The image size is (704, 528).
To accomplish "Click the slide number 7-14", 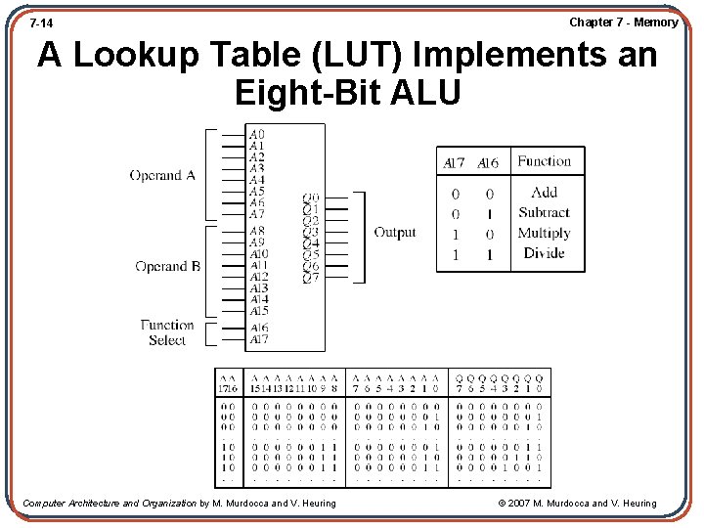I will [x=41, y=22].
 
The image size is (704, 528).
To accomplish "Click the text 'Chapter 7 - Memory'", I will [x=623, y=22].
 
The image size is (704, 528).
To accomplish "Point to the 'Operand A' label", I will [x=162, y=176].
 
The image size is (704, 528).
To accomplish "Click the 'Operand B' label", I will [x=167, y=266].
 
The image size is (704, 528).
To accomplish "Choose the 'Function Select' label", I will [x=166, y=332].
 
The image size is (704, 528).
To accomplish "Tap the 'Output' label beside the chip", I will [x=394, y=233].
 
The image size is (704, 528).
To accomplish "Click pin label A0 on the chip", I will [x=256, y=134].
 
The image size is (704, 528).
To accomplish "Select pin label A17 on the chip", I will [x=258, y=339].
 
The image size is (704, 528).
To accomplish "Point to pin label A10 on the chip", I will [x=258, y=254].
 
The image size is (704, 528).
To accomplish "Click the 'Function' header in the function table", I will [x=544, y=161].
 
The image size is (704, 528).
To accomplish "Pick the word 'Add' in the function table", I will [x=544, y=193].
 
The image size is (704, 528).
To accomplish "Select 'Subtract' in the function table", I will [x=544, y=212].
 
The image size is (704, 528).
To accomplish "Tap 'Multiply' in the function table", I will [x=544, y=233].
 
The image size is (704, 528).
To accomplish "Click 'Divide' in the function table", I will [x=544, y=253].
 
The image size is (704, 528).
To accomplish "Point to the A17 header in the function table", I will [x=455, y=163].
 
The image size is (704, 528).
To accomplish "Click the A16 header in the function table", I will [x=488, y=163].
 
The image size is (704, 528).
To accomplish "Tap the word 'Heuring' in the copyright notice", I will [x=636, y=504].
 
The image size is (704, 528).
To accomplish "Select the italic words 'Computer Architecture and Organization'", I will [x=110, y=504].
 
